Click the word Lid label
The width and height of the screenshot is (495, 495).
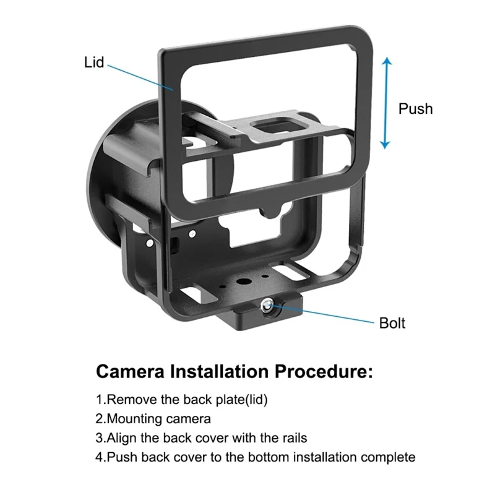pos(94,62)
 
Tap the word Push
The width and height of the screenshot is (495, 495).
pos(415,109)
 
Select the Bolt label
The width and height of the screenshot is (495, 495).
pos(392,323)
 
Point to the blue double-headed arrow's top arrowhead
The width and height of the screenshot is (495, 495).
pos(386,62)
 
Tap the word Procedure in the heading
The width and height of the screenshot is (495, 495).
pos(321,373)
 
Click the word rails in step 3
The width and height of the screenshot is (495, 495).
pos(293,438)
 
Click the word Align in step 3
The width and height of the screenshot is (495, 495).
pos(121,438)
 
